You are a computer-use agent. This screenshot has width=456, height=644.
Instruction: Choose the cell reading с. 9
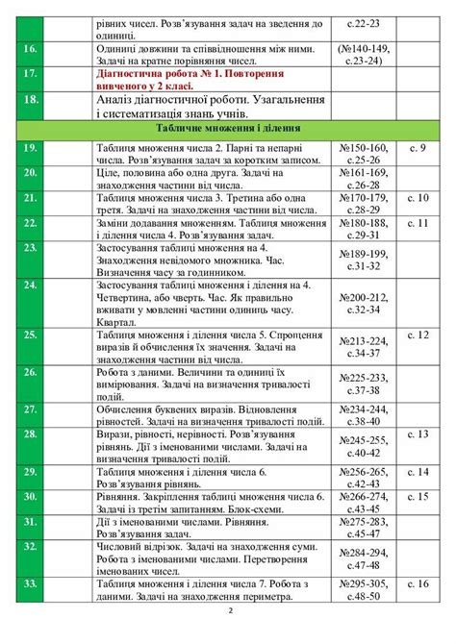(417, 147)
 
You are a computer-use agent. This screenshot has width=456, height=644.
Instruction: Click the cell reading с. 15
(417, 496)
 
